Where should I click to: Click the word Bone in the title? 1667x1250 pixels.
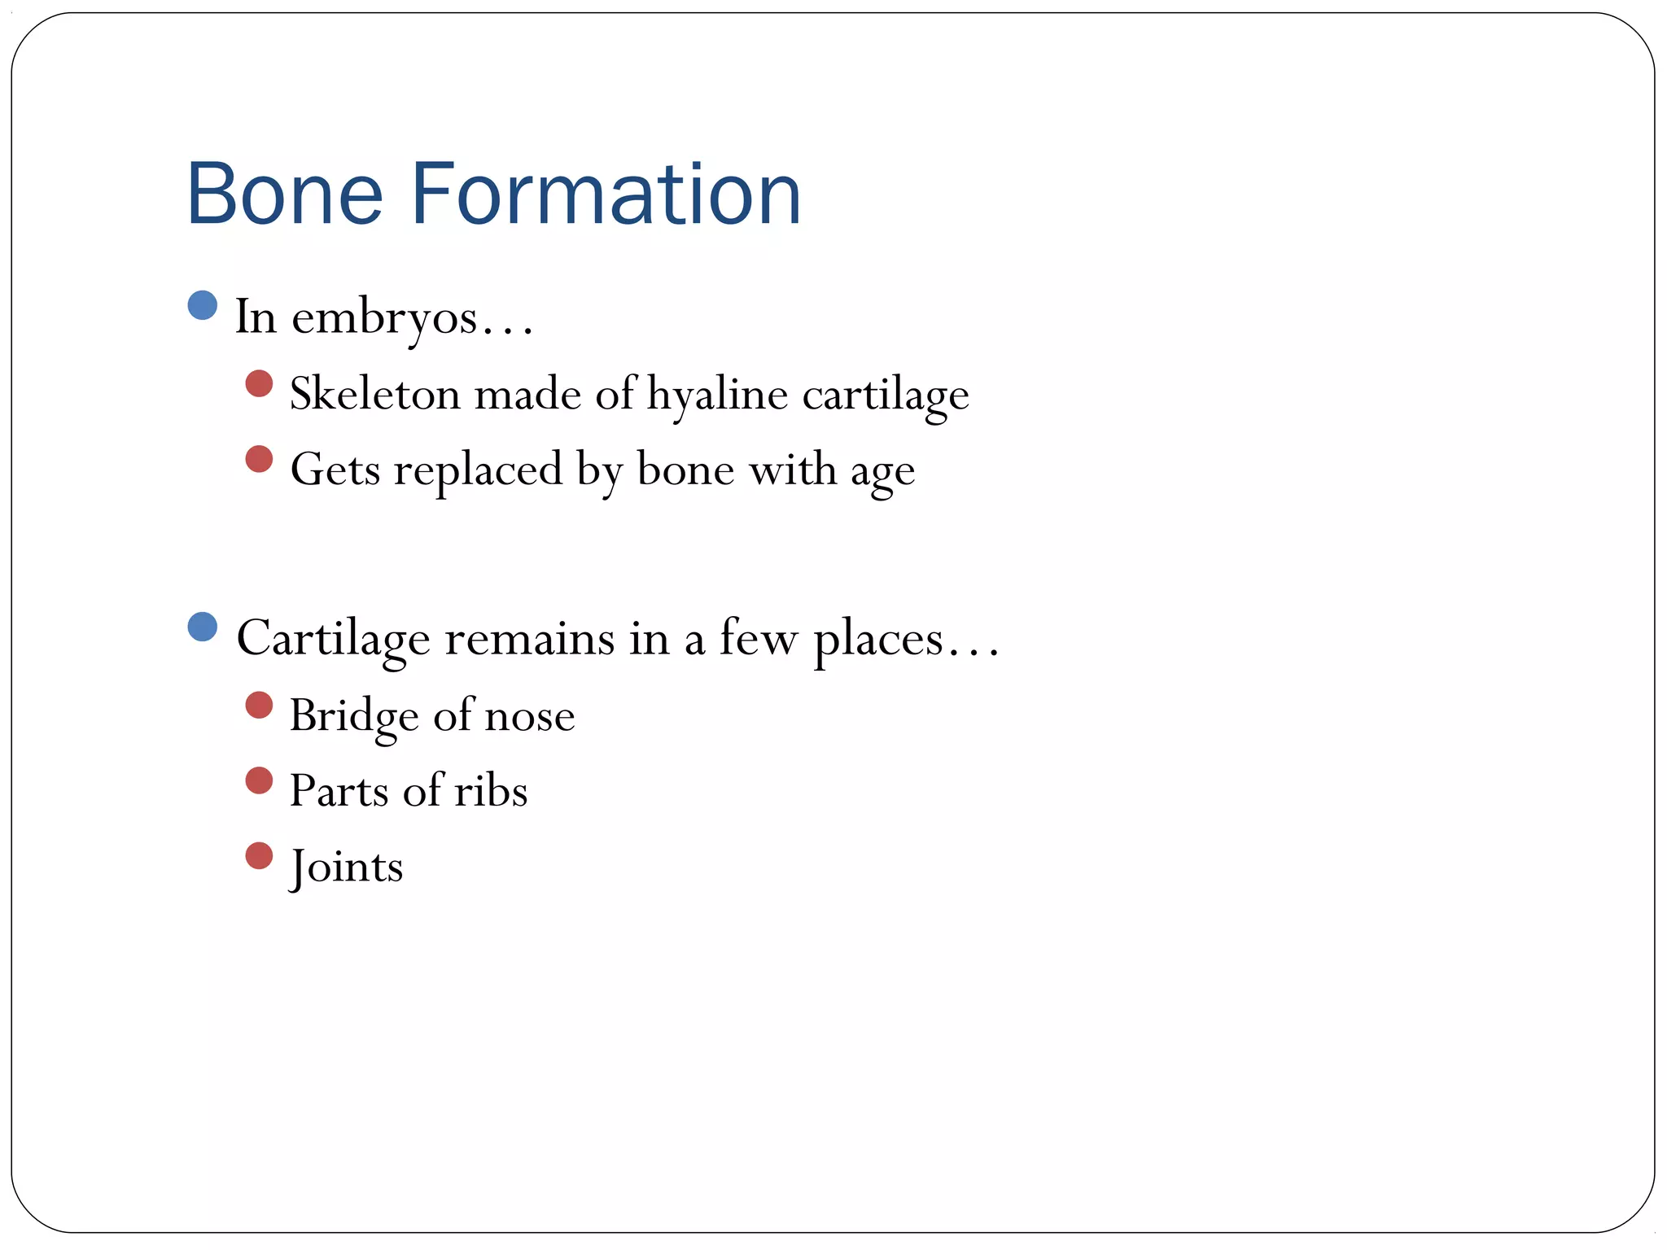(284, 194)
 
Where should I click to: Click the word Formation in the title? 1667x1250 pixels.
(606, 194)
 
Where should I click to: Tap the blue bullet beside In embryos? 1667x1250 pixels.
(202, 305)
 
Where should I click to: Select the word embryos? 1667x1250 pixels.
(384, 318)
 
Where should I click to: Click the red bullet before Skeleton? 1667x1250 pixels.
(259, 383)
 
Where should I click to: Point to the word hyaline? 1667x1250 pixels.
(717, 395)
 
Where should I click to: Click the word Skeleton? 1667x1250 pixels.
(375, 394)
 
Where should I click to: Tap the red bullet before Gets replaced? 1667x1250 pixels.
(259, 459)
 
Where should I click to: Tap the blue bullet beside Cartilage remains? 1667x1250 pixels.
(202, 627)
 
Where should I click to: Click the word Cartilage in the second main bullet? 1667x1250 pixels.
(333, 638)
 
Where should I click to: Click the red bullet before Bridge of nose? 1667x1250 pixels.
(259, 705)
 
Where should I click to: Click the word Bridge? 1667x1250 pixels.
(354, 716)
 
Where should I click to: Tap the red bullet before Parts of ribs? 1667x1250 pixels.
(259, 780)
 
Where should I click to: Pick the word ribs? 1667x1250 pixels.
(490, 790)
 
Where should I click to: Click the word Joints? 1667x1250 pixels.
(347, 866)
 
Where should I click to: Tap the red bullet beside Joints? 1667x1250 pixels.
(259, 855)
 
